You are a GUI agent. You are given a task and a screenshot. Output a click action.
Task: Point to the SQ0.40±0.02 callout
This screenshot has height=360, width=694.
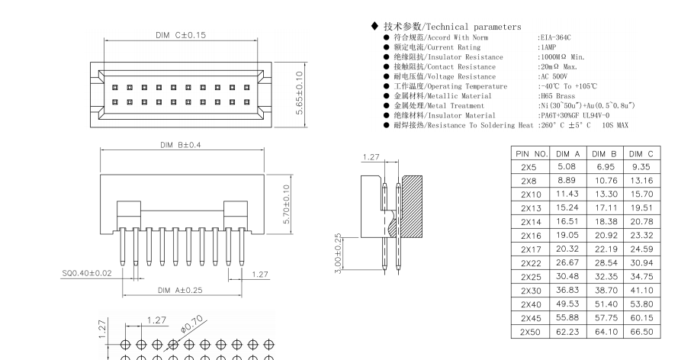[87, 272]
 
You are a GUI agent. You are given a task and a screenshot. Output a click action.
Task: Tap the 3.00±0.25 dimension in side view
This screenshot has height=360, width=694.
[339, 254]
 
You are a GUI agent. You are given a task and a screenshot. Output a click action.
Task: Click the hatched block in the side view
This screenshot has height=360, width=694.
[413, 199]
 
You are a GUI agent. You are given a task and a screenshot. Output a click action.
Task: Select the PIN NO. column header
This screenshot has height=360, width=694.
[532, 154]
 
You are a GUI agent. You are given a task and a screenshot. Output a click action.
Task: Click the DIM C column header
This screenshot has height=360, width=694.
[641, 154]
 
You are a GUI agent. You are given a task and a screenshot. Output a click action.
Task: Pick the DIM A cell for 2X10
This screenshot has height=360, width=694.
[569, 194]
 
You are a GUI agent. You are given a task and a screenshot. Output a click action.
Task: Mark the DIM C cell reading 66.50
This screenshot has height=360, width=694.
[641, 332]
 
